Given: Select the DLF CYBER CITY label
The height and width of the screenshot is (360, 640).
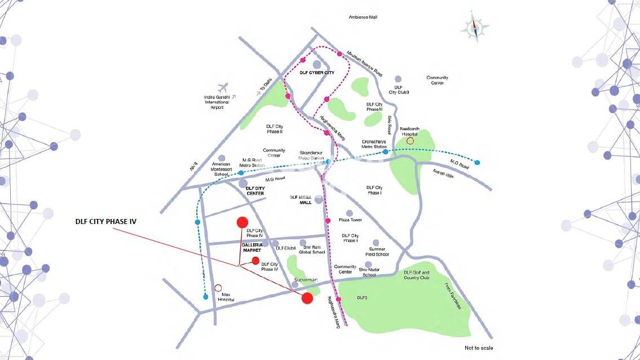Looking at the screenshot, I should (x=317, y=73).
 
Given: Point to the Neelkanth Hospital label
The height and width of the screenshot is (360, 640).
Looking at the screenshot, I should (x=411, y=131).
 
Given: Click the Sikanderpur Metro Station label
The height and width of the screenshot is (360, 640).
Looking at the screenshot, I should (x=312, y=155).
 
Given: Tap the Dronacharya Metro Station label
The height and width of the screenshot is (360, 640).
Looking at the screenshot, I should (x=374, y=144).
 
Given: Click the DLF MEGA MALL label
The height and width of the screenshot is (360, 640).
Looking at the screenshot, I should (x=301, y=199).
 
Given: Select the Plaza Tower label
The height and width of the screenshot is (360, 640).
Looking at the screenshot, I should (x=350, y=220).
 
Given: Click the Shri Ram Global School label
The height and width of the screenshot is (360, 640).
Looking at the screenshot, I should (x=314, y=249).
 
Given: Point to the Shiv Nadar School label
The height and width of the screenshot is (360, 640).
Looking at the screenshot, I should (x=369, y=273).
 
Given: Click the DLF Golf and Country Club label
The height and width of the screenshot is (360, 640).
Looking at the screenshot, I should (x=417, y=275).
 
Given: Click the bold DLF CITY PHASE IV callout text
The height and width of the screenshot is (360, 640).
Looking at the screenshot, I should (x=106, y=222).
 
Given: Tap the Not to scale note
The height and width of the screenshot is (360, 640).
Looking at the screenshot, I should (x=479, y=348).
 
